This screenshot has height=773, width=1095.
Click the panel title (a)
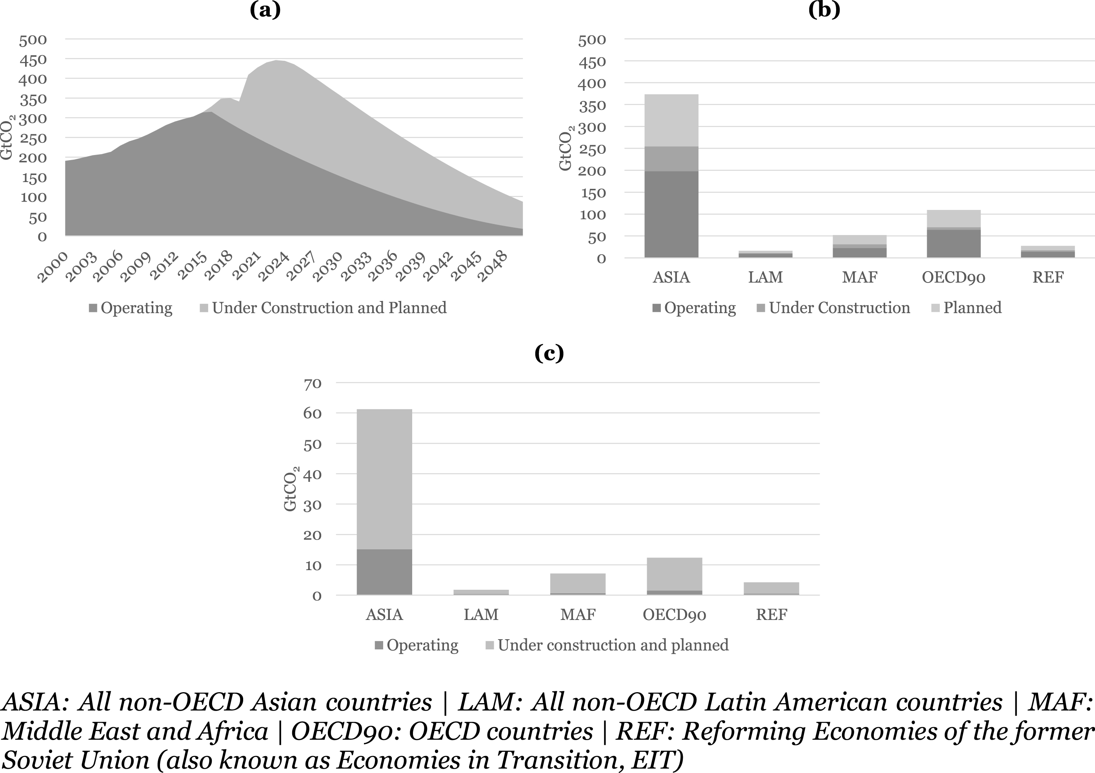click(x=265, y=9)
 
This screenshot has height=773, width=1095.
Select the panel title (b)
click(x=824, y=9)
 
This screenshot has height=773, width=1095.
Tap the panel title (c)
click(x=549, y=353)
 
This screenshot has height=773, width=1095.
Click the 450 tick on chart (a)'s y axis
click(x=33, y=60)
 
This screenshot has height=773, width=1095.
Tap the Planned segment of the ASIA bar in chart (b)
click(x=671, y=120)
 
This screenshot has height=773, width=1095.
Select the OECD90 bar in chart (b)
click(x=953, y=234)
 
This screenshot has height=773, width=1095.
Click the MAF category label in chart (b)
click(x=859, y=277)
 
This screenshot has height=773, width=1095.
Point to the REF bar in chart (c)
click(x=771, y=588)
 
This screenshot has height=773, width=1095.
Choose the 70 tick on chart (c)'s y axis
click(x=313, y=383)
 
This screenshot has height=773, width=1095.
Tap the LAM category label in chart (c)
click(x=481, y=614)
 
